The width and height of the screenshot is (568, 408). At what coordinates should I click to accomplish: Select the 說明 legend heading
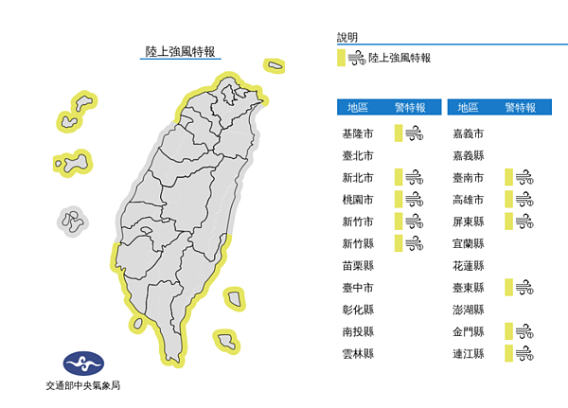[347, 38]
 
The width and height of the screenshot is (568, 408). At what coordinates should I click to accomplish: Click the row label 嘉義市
[469, 133]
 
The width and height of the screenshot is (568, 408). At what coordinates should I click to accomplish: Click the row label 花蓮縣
[469, 266]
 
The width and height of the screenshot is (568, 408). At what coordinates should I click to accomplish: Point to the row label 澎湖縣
[469, 310]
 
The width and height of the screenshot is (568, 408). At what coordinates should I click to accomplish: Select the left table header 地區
[359, 107]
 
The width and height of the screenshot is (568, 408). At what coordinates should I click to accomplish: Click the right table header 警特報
[520, 107]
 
